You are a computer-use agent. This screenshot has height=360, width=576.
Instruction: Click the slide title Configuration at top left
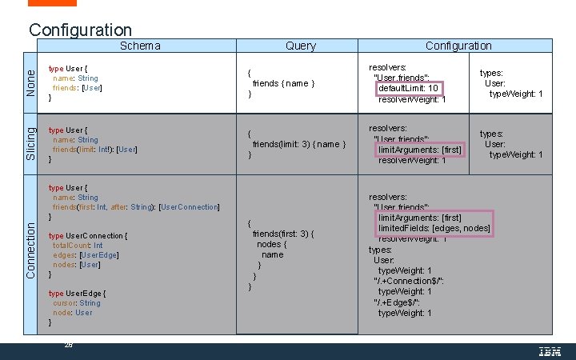[x=80, y=30]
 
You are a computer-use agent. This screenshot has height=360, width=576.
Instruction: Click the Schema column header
[x=140, y=46]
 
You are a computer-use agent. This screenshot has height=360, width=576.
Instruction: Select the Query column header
[x=300, y=46]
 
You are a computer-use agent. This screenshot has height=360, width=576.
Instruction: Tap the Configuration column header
[x=458, y=46]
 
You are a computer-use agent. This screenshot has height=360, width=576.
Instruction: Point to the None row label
[x=30, y=83]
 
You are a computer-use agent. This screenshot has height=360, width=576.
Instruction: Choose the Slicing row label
[x=30, y=142]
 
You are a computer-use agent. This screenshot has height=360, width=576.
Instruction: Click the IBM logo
[x=549, y=350]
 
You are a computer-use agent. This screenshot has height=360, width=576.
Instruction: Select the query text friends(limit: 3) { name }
[x=298, y=144]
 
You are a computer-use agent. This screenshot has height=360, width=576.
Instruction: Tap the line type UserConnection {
[x=87, y=236]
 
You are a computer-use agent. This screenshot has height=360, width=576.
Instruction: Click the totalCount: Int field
[x=78, y=246]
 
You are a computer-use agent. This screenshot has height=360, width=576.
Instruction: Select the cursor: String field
[x=77, y=303]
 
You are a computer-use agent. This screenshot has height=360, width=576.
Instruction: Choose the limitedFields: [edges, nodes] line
[x=434, y=229]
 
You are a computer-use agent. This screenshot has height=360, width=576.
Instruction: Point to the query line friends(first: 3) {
[x=285, y=234]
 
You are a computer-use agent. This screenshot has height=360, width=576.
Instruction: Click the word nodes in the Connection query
[x=270, y=244]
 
